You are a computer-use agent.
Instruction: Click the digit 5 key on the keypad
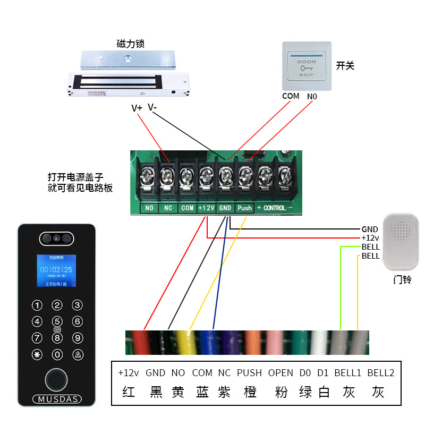pyautogui.click(x=57, y=321)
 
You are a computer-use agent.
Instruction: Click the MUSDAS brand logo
pyautogui.click(x=57, y=399)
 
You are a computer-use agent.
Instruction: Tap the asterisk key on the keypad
pyautogui.click(x=37, y=355)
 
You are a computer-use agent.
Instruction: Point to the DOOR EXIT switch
pyautogui.click(x=306, y=67)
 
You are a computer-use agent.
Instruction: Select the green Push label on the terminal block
pyautogui.click(x=245, y=208)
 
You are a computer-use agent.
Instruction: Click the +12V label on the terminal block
pyautogui.click(x=206, y=208)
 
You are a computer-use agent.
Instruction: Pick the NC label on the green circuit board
pyautogui.click(x=168, y=208)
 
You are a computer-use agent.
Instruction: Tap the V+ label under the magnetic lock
pyautogui.click(x=137, y=108)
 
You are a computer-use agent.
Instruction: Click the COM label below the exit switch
pyautogui.click(x=291, y=96)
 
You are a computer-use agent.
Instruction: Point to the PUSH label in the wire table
pyautogui.click(x=249, y=373)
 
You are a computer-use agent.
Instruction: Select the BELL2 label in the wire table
pyautogui.click(x=380, y=373)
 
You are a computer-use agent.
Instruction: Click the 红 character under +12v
pyautogui.click(x=129, y=392)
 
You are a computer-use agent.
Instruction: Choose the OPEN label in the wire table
pyautogui.click(x=280, y=373)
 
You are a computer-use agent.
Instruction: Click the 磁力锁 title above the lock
pyautogui.click(x=131, y=44)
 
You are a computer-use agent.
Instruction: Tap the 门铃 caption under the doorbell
pyautogui.click(x=402, y=279)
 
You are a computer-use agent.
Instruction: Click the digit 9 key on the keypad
pyautogui.click(x=77, y=338)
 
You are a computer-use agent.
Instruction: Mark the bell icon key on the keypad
pyautogui.click(x=78, y=355)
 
